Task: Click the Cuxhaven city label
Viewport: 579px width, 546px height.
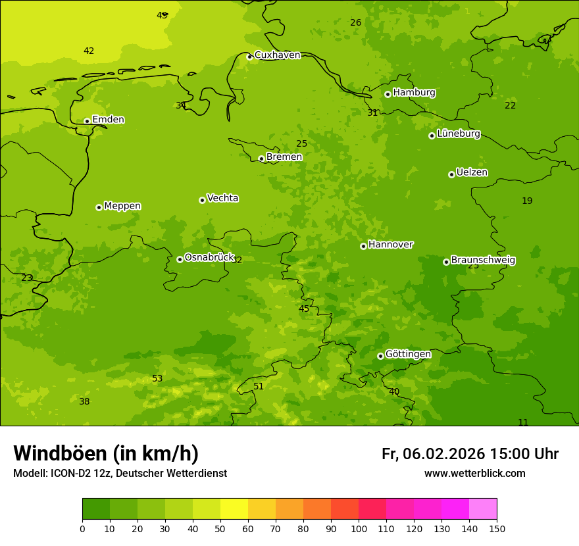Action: pyautogui.click(x=277, y=55)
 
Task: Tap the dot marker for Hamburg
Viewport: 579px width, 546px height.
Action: pyautogui.click(x=388, y=94)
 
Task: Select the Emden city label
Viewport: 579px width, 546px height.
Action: pyautogui.click(x=108, y=120)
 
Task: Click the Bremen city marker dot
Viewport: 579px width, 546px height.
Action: pyautogui.click(x=261, y=159)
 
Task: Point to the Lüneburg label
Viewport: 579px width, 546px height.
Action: pyautogui.click(x=459, y=134)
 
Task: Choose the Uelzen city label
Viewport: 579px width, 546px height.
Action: pyautogui.click(x=472, y=173)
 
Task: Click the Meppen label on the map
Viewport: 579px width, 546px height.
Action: pyautogui.click(x=122, y=206)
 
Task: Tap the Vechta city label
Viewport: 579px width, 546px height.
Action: pyautogui.click(x=222, y=198)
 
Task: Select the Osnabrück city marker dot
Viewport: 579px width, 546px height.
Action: pyautogui.click(x=180, y=259)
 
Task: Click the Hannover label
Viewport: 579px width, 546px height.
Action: pyautogui.click(x=390, y=245)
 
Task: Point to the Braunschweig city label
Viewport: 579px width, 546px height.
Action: pyautogui.click(x=483, y=261)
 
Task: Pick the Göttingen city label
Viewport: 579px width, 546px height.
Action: pyautogui.click(x=408, y=355)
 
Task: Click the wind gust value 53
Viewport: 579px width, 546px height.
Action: pyautogui.click(x=157, y=379)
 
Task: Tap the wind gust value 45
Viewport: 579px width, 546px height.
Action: pyautogui.click(x=304, y=309)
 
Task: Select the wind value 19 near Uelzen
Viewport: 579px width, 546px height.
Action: pyautogui.click(x=527, y=201)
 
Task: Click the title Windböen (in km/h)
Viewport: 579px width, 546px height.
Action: pyautogui.click(x=106, y=453)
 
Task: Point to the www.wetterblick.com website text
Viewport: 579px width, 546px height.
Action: pyautogui.click(x=474, y=474)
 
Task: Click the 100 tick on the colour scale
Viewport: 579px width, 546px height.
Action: pyautogui.click(x=359, y=528)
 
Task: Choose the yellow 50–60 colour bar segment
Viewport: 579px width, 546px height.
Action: pyautogui.click(x=234, y=509)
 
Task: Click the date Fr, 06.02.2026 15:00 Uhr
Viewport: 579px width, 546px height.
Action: pyautogui.click(x=470, y=454)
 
